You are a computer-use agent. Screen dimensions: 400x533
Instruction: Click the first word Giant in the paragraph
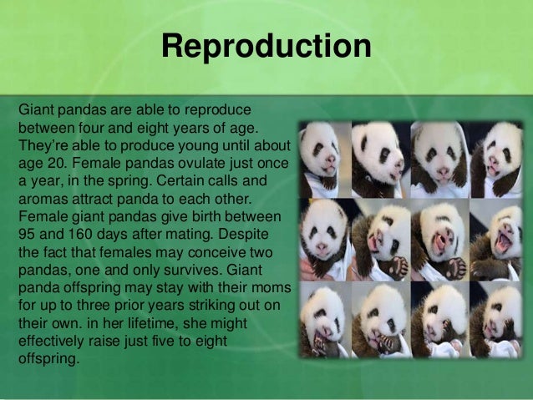click(36, 109)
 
